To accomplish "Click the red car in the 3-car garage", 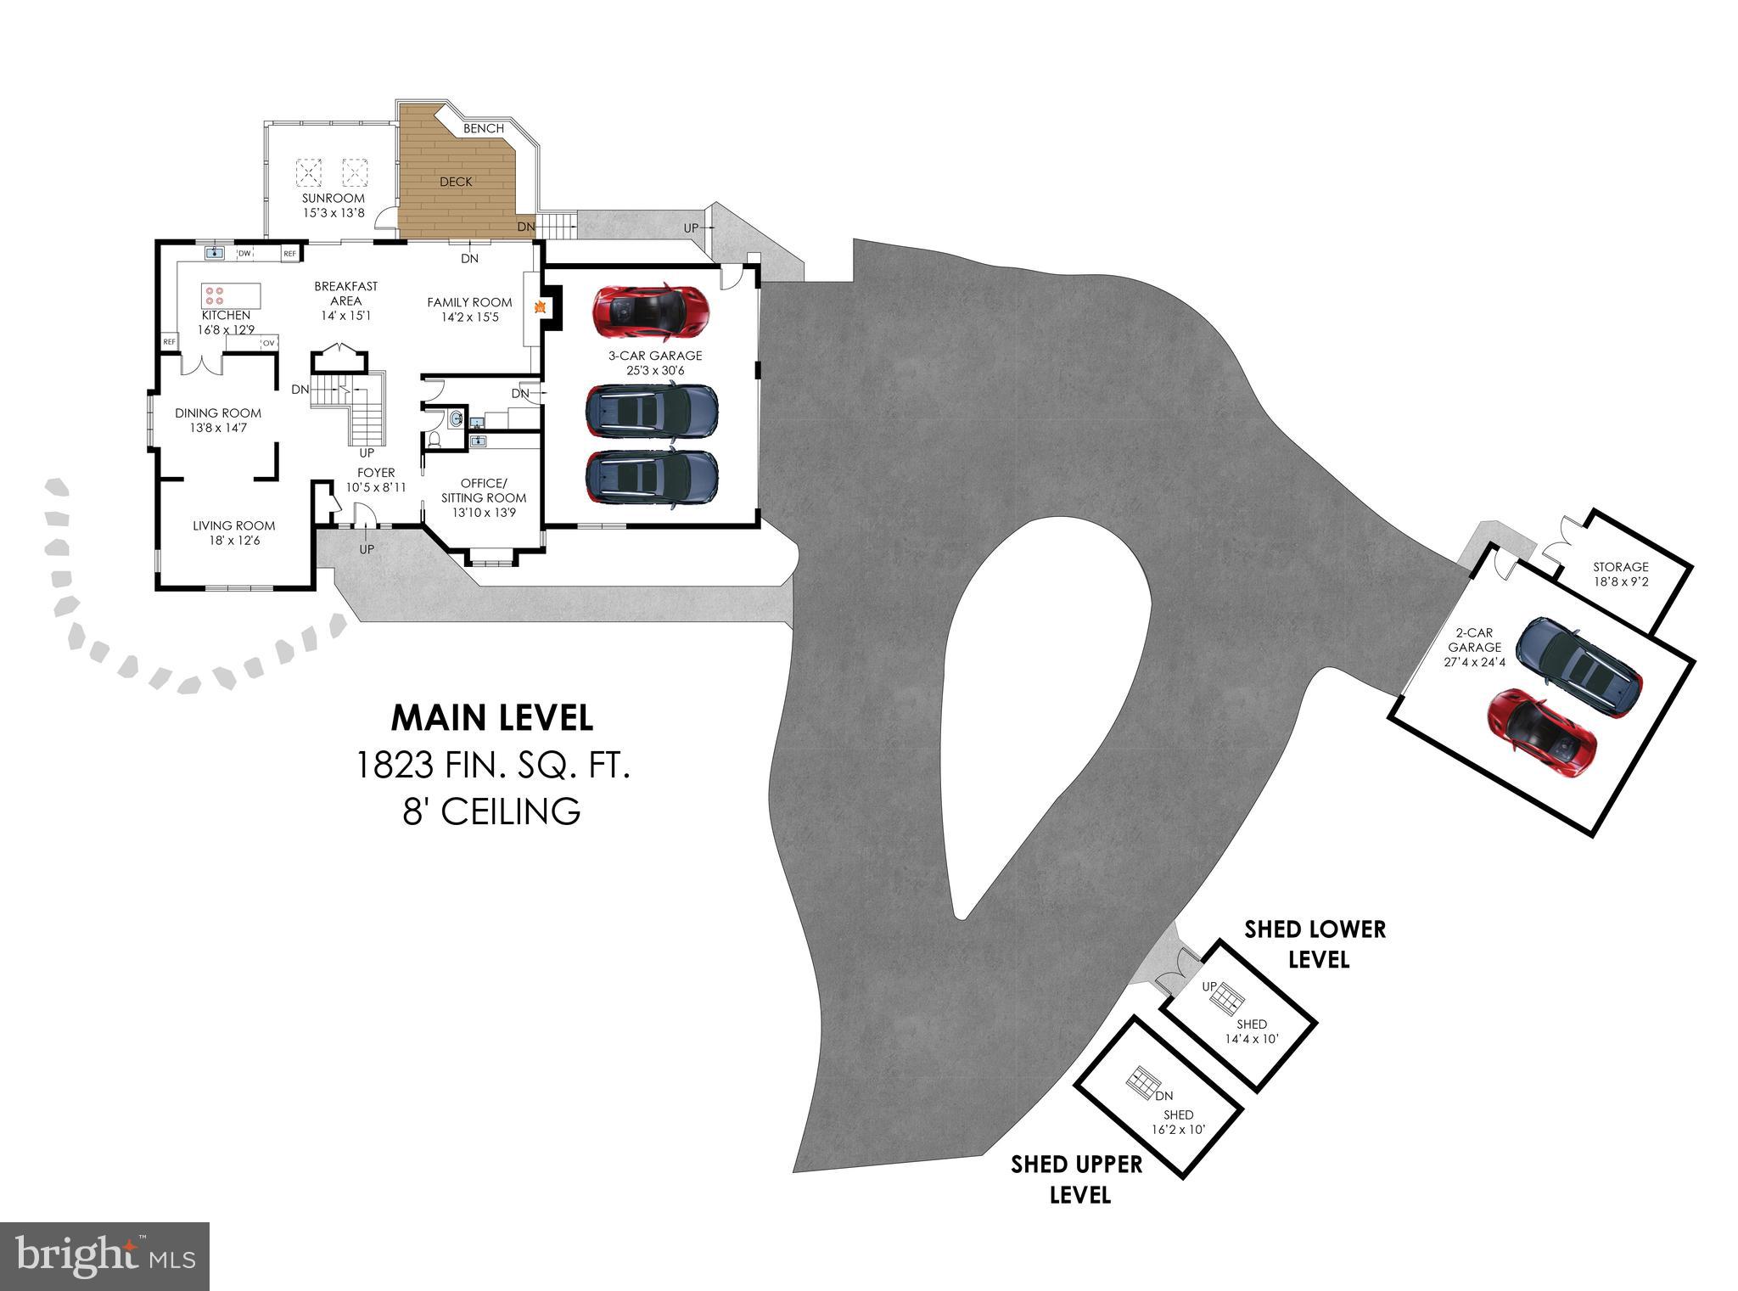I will point(651,310).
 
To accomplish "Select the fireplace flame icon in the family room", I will point(538,307).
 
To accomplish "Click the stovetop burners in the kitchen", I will point(214,295).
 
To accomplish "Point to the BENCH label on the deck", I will point(484,129).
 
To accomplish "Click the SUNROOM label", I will point(334,199).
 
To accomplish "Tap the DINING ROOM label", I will point(218,413).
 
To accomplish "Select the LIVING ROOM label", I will point(233,525).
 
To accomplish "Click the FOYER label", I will point(376,473).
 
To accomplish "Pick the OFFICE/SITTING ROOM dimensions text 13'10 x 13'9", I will point(484,513).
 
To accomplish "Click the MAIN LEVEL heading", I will point(491,718).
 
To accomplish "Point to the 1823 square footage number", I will point(395,766).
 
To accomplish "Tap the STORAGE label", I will point(1620,567).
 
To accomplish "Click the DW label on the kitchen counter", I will point(244,253).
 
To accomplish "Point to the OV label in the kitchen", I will point(268,343).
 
